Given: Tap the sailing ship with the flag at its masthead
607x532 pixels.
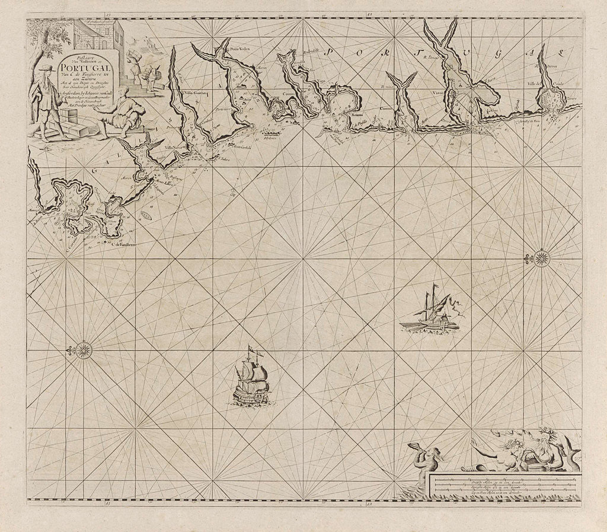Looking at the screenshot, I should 251,377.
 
